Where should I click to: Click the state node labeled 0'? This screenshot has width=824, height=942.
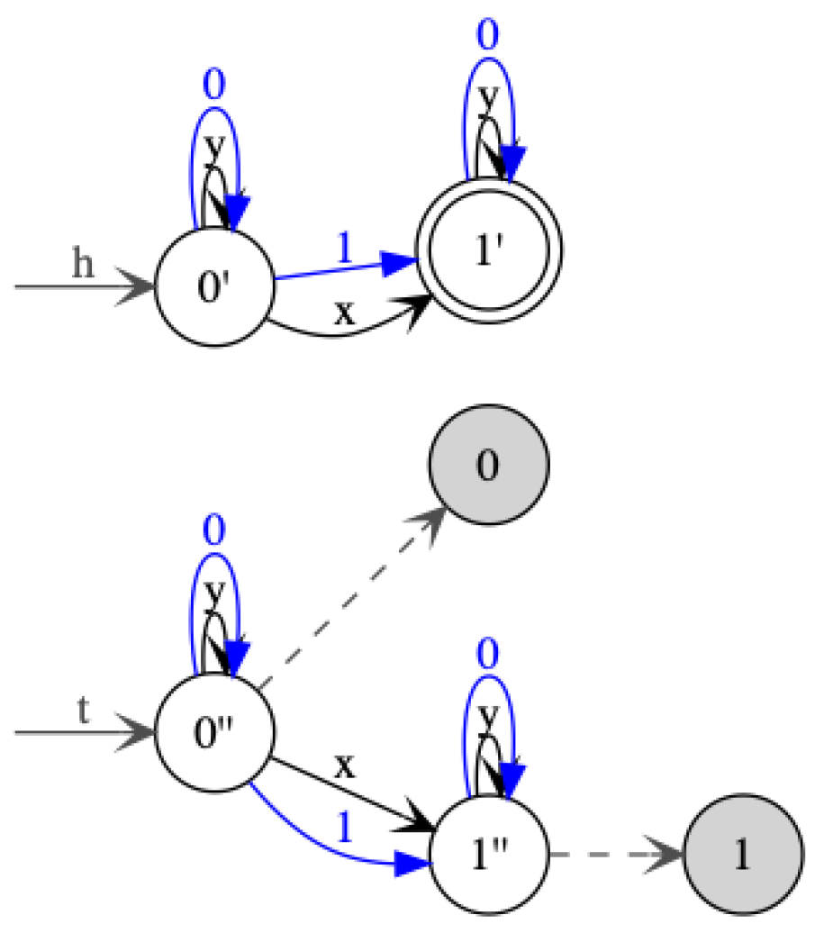213,288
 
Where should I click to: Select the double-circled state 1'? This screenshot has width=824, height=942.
487,249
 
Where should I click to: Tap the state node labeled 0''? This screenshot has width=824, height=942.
213,731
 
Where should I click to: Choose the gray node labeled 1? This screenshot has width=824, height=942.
742,853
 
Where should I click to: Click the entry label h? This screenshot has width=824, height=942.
83,266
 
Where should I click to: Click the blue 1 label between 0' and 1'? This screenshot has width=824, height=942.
343,249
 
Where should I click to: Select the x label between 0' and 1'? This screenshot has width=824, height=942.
343,312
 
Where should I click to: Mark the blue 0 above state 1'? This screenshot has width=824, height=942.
487,36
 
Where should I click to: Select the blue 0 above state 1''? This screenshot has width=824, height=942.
487,655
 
